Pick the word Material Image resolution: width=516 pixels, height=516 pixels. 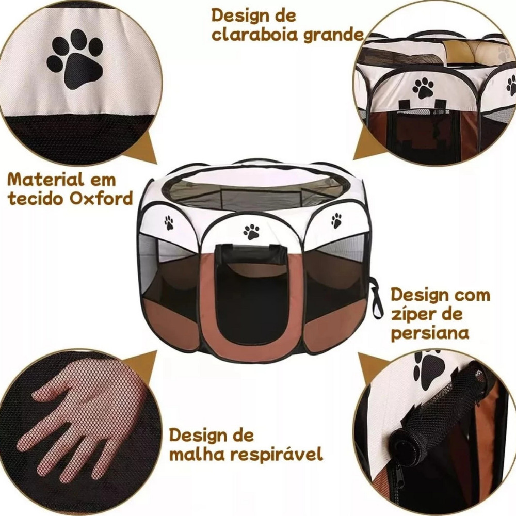click(x=45, y=180)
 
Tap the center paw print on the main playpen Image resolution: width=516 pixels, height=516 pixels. click(x=251, y=231)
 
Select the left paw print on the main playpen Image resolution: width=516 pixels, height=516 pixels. click(x=169, y=223)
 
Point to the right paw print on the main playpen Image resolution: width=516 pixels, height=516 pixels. click(x=336, y=220)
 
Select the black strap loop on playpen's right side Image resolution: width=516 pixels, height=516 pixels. click(x=376, y=298)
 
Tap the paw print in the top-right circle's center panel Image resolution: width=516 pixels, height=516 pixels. click(x=423, y=88)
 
